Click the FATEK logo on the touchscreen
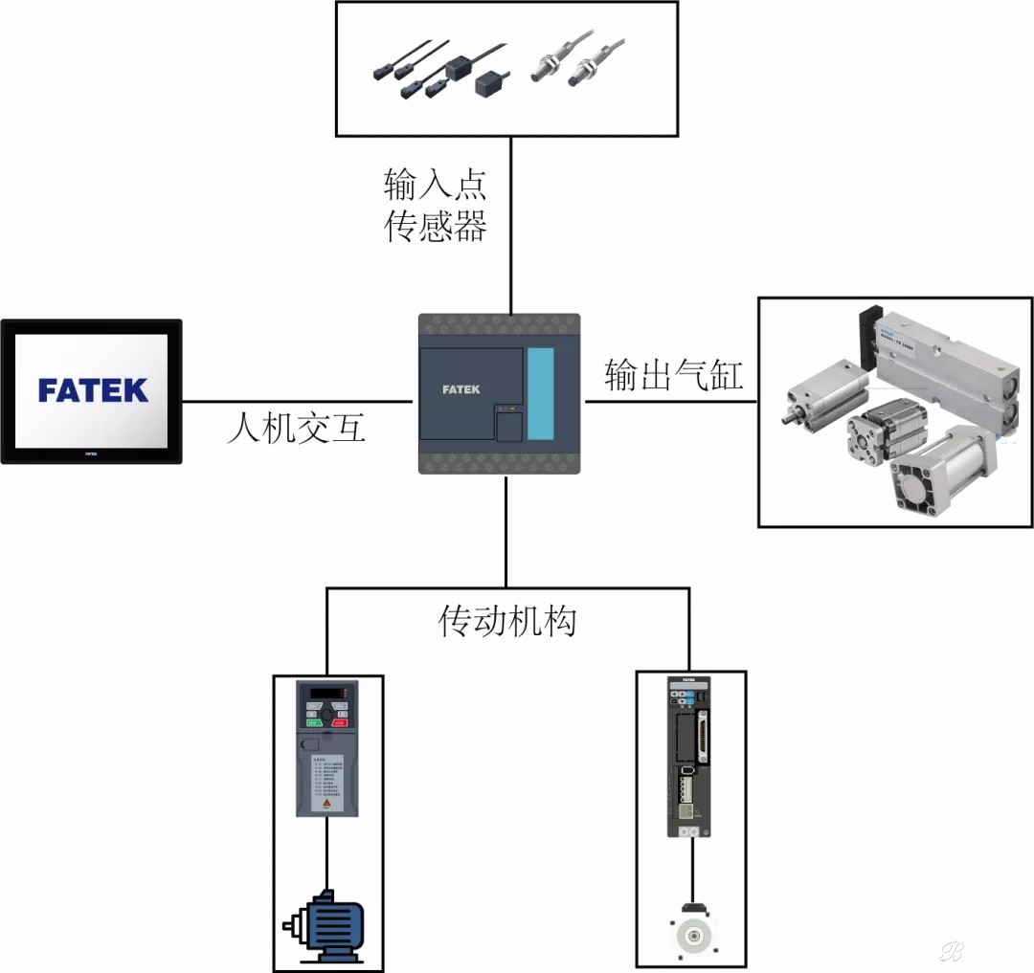click(93, 389)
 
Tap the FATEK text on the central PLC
click(461, 389)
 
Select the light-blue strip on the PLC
click(541, 393)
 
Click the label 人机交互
click(297, 428)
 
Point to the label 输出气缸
click(674, 375)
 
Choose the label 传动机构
click(507, 622)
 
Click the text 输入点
click(436, 182)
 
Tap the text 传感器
click(436, 226)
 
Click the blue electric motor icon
click(326, 926)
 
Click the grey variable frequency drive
click(326, 748)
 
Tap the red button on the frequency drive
click(339, 724)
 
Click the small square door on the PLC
click(508, 425)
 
